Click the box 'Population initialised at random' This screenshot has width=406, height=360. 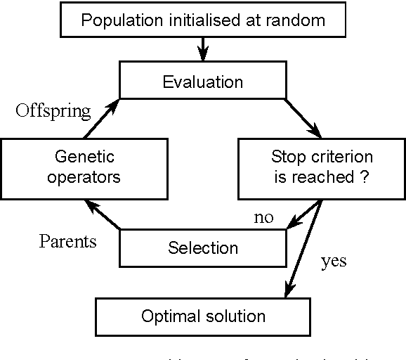[x=203, y=19]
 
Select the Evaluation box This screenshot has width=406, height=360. [x=203, y=81]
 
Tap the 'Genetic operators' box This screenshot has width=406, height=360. [x=84, y=167]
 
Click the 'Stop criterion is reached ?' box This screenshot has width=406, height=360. [x=322, y=167]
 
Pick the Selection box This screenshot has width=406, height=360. [x=203, y=248]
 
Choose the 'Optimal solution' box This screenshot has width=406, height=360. [x=203, y=316]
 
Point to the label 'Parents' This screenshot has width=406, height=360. [x=67, y=241]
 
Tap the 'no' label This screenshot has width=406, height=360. [x=263, y=217]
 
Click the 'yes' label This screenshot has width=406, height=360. [x=334, y=262]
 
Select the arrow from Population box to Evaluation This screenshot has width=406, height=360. [x=203, y=49]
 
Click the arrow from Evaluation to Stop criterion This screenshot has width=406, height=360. [x=304, y=117]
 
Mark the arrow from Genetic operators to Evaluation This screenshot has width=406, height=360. [x=100, y=118]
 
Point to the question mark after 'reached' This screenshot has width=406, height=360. [x=364, y=176]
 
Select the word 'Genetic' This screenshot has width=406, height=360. [x=84, y=157]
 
